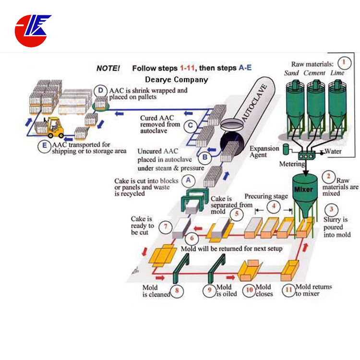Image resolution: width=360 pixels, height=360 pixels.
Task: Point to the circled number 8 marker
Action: click(x=177, y=290)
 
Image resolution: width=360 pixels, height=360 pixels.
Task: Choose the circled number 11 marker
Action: click(x=288, y=290)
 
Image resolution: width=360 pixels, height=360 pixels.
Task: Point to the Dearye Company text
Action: click(x=177, y=80)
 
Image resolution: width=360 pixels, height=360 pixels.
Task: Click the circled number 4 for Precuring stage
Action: click(x=273, y=207)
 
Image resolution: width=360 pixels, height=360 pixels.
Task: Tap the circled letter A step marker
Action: click(x=189, y=180)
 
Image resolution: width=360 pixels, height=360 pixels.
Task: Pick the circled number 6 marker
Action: click(x=191, y=238)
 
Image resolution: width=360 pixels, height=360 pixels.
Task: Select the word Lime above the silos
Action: click(x=337, y=73)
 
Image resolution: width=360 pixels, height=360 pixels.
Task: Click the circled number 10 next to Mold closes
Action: click(x=249, y=290)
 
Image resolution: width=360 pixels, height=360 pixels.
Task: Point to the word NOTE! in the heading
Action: click(x=108, y=68)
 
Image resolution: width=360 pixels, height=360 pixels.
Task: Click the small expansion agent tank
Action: click(x=287, y=150)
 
